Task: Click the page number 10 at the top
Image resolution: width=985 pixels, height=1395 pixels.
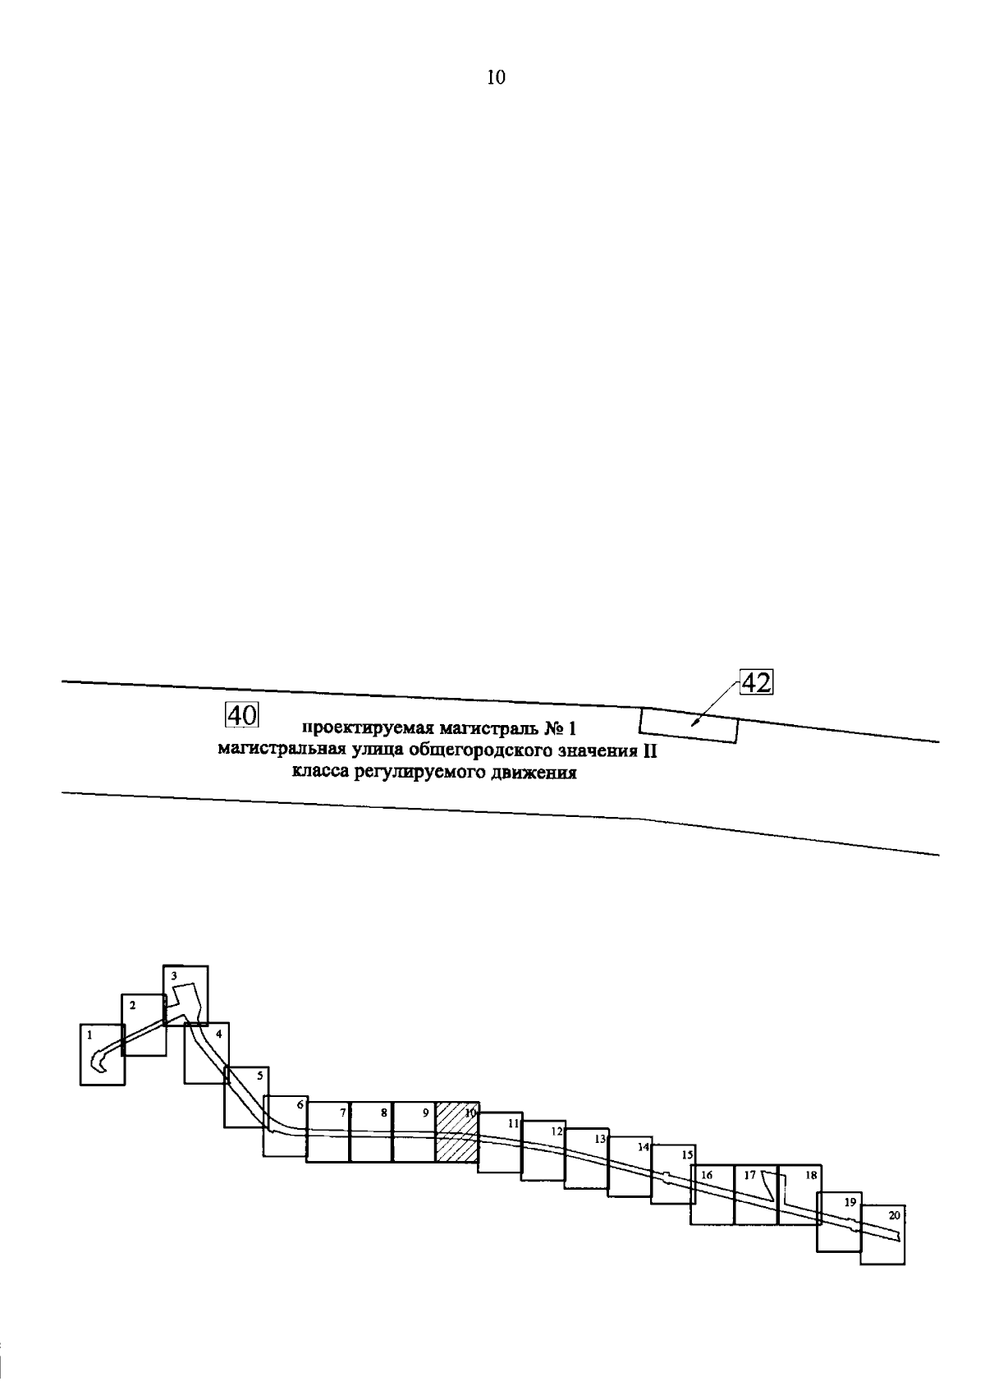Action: (496, 78)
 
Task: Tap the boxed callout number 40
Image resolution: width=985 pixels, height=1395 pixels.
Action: (241, 715)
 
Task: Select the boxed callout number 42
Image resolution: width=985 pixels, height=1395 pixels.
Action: (757, 683)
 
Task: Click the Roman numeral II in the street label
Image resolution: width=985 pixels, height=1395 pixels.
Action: (649, 750)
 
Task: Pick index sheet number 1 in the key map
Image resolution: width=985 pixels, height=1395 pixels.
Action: (89, 1035)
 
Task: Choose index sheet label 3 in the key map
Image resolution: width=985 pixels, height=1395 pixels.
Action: (174, 975)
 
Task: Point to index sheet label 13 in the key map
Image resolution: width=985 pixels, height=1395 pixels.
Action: (600, 1139)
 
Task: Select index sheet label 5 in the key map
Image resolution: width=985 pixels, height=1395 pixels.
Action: (260, 1075)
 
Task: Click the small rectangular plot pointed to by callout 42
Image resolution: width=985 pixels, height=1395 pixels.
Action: (689, 725)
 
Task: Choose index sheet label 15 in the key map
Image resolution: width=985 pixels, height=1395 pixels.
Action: (687, 1154)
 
